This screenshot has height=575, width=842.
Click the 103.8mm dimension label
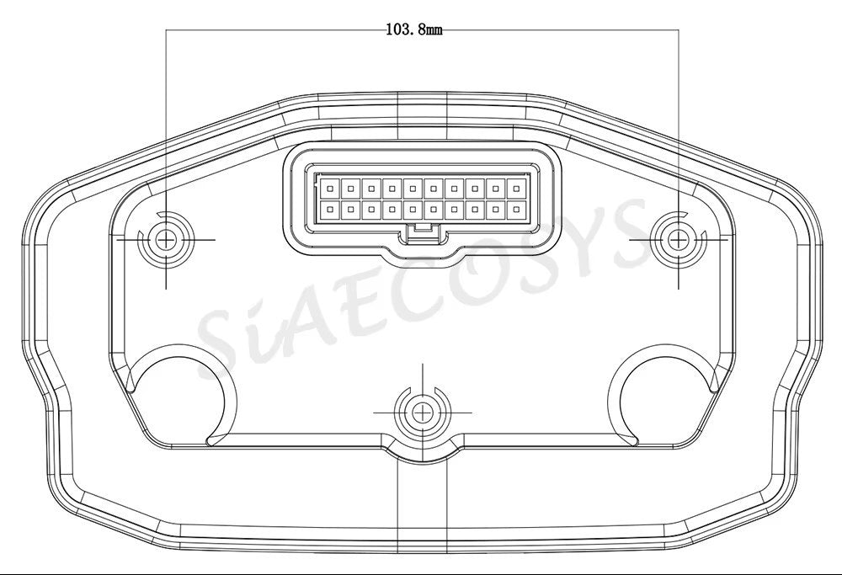414,29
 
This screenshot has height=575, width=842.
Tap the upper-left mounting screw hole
166,239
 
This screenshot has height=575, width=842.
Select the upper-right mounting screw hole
678,239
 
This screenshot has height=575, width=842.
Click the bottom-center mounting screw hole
423,413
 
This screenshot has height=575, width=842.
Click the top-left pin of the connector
330,189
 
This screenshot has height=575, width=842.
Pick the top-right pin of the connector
516,189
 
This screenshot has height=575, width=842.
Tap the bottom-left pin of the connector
330,210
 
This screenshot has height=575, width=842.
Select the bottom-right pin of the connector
516,210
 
